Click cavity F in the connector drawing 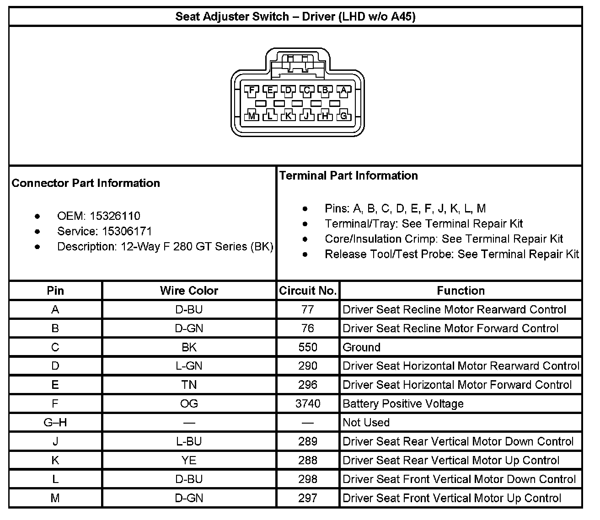[x=252, y=90]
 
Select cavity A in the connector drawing [x=343, y=90]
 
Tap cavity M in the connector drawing [x=252, y=116]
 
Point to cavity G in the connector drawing [x=343, y=116]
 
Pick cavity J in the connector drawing [x=306, y=116]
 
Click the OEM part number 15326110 [x=115, y=216]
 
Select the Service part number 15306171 [x=127, y=231]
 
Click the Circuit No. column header [x=308, y=291]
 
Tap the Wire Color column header [x=189, y=291]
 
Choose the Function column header [x=461, y=291]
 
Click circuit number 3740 [x=308, y=404]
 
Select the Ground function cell [x=361, y=347]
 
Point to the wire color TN [x=189, y=385]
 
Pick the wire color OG [x=189, y=404]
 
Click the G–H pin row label [x=55, y=423]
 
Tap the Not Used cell [x=366, y=423]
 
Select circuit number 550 [x=308, y=347]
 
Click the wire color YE [x=189, y=461]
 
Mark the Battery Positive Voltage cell [x=403, y=404]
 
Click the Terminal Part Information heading [x=348, y=176]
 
